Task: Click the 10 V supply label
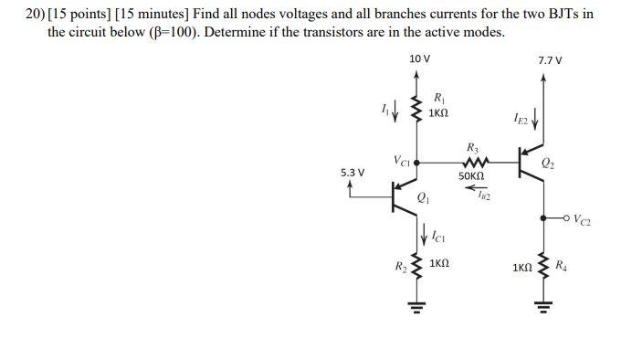pos(419,58)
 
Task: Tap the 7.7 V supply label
pos(551,60)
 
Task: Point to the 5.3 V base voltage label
pos(353,172)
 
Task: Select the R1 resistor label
pos(438,97)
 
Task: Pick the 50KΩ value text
pos(471,175)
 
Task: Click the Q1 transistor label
pos(423,197)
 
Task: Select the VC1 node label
pos(402,161)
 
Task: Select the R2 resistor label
pos(400,267)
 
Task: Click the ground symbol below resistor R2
pos(418,306)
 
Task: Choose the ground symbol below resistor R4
pos(544,306)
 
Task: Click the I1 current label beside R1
pos(387,110)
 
